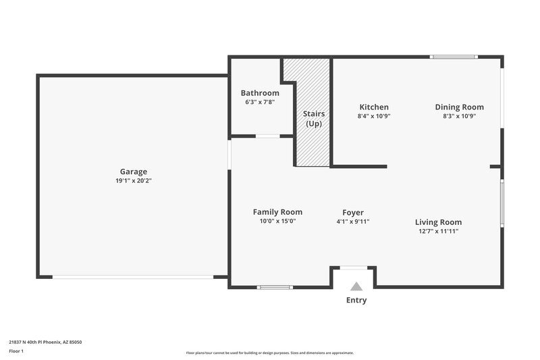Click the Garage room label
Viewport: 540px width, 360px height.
click(x=133, y=172)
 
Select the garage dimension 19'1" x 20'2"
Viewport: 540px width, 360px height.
click(x=133, y=180)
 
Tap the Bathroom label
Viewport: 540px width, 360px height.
click(x=260, y=93)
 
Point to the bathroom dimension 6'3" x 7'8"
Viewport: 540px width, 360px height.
click(x=260, y=102)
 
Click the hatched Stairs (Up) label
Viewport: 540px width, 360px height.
click(x=313, y=119)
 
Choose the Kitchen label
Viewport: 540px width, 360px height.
click(x=373, y=107)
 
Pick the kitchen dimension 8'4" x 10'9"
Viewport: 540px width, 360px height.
click(x=373, y=115)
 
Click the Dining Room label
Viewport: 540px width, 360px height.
click(x=459, y=107)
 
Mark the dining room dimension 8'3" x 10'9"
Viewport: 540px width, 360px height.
click(x=459, y=115)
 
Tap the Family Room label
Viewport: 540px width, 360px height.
click(x=277, y=211)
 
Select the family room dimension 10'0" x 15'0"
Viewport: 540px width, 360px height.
click(x=277, y=221)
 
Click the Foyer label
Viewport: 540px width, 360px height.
click(x=353, y=211)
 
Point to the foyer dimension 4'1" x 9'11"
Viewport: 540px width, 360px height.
click(x=353, y=221)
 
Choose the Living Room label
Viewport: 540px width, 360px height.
click(x=438, y=222)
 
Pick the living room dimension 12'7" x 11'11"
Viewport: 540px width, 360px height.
click(x=438, y=231)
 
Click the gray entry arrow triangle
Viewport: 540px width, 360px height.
click(x=356, y=286)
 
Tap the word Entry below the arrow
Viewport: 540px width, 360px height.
click(x=356, y=300)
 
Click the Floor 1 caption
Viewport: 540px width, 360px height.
click(x=16, y=351)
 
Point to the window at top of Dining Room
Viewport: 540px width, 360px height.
click(x=454, y=57)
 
